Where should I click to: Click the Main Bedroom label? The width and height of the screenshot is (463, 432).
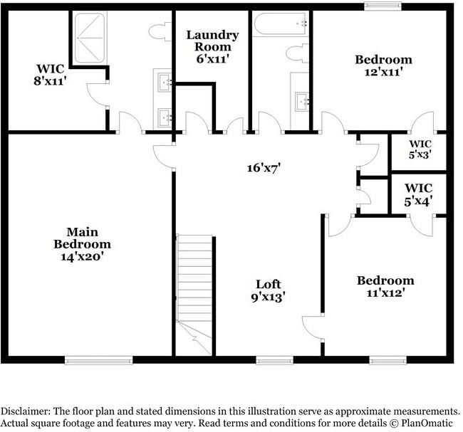(x=83, y=243)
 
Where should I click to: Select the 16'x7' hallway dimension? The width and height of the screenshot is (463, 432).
(x=264, y=168)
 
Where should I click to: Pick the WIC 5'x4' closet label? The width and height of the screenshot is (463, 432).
(x=418, y=194)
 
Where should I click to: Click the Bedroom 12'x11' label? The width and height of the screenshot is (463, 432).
(x=384, y=65)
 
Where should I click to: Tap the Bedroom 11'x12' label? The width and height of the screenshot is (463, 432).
(x=385, y=286)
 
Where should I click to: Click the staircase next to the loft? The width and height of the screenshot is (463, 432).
(x=194, y=285)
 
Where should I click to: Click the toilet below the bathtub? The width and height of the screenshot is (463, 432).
(x=298, y=53)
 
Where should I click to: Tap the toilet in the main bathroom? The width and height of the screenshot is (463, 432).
(x=158, y=32)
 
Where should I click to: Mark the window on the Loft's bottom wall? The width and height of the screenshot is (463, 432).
(x=274, y=360)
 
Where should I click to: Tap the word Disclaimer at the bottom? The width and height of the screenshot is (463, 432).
(x=26, y=411)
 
